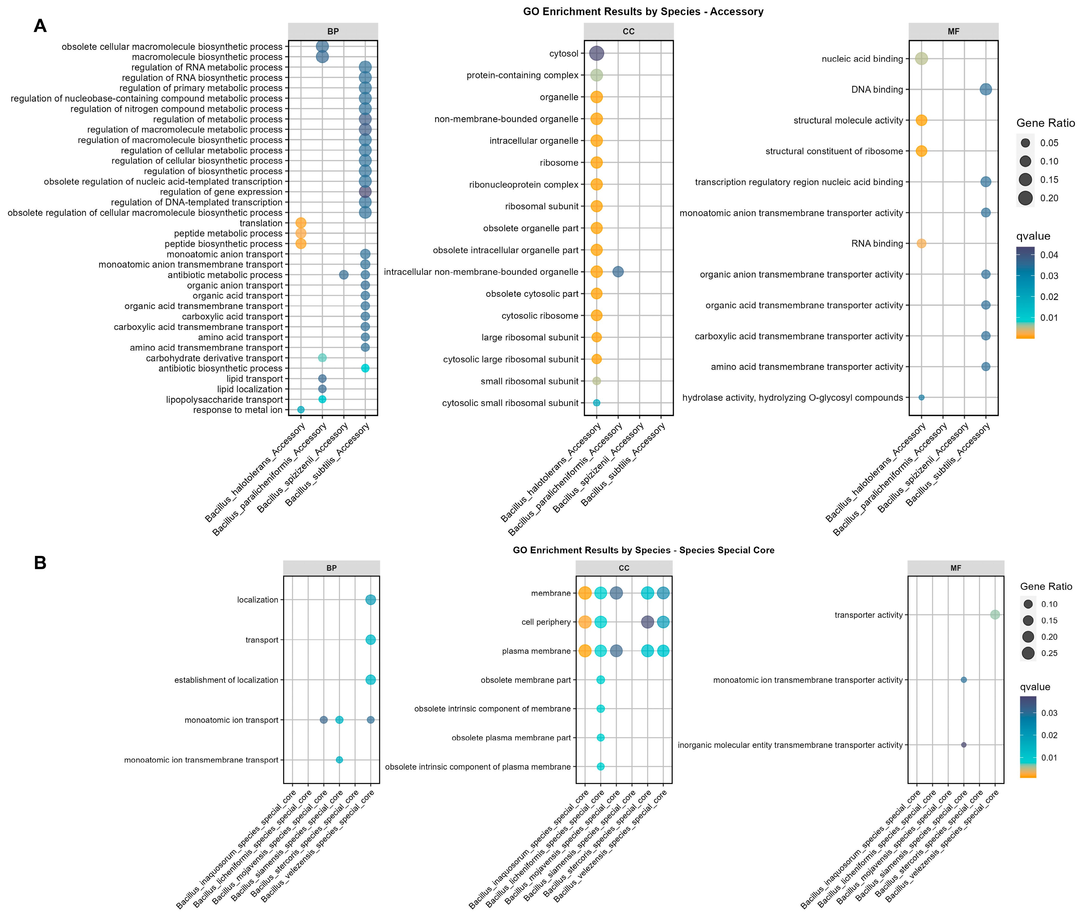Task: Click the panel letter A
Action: (40, 26)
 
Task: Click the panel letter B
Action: (40, 563)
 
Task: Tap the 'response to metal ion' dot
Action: (301, 410)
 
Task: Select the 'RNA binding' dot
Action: (921, 243)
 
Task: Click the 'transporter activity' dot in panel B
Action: (995, 615)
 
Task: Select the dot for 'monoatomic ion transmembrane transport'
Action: (339, 760)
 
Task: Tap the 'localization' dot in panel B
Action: (370, 600)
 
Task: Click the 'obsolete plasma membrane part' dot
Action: (600, 738)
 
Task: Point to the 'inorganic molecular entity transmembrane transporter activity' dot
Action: (964, 745)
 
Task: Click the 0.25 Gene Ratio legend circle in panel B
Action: (1028, 653)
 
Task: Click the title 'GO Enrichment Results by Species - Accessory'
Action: (643, 11)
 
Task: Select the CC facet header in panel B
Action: (624, 568)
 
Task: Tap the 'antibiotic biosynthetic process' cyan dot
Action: (365, 368)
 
